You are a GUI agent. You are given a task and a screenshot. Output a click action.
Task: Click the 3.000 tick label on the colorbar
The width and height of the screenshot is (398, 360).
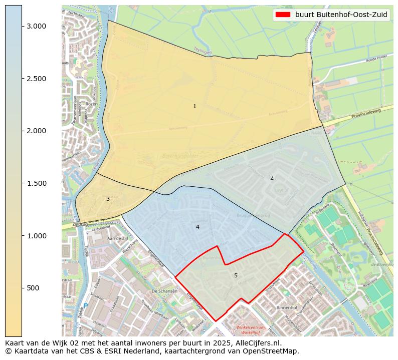(37, 26)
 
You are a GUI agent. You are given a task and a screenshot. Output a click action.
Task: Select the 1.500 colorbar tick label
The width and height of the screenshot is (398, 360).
(37, 183)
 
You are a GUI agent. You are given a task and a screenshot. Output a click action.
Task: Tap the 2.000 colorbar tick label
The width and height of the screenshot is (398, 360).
(37, 131)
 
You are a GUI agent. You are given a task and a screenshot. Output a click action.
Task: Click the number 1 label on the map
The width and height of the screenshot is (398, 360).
(194, 106)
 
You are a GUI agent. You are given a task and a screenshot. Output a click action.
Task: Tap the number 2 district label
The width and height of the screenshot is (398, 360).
(272, 178)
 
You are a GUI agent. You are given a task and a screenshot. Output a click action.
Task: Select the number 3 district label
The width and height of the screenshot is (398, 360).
(108, 199)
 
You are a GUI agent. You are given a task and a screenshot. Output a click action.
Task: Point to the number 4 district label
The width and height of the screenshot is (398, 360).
(197, 227)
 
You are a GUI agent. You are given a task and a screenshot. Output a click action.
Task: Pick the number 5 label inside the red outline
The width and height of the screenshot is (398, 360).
(236, 275)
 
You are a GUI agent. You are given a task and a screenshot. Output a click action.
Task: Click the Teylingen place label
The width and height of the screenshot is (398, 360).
(204, 50)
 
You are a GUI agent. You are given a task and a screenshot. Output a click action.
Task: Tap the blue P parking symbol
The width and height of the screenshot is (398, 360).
(86, 305)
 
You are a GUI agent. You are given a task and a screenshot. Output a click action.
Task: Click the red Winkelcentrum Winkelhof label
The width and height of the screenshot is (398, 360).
(249, 329)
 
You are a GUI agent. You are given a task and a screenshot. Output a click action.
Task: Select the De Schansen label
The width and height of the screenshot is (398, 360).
(164, 291)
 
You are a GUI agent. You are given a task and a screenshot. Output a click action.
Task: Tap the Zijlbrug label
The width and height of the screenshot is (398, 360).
(80, 225)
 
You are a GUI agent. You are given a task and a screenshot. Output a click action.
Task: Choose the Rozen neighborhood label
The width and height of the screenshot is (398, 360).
(91, 104)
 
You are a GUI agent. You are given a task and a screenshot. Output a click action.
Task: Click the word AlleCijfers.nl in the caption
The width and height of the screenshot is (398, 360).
(256, 343)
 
